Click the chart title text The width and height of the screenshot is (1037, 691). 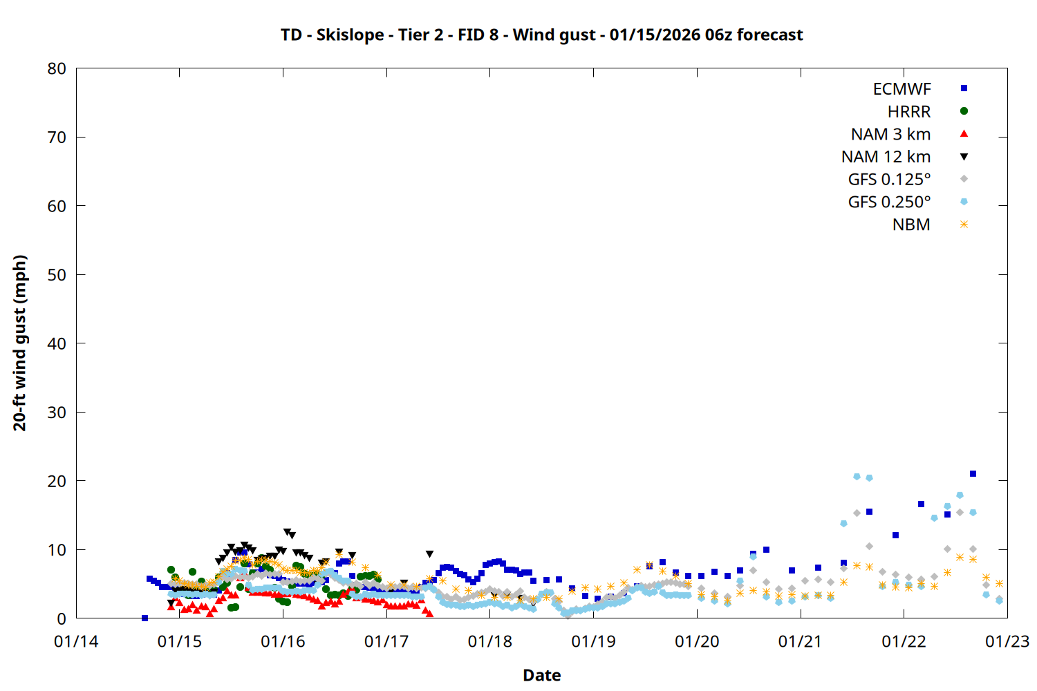pyautogui.click(x=541, y=35)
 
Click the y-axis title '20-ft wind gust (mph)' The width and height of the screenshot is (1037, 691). pyautogui.click(x=20, y=343)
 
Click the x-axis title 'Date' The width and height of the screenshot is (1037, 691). pyautogui.click(x=541, y=675)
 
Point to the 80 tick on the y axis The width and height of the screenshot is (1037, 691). pyautogui.click(x=57, y=68)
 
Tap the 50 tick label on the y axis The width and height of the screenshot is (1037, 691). pyautogui.click(x=57, y=275)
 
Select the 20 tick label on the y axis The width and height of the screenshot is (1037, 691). pyautogui.click(x=57, y=481)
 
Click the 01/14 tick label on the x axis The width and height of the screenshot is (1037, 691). pyautogui.click(x=76, y=641)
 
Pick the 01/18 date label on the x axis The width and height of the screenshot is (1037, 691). pyautogui.click(x=490, y=641)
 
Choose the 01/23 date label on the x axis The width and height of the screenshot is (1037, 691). pyautogui.click(x=1007, y=641)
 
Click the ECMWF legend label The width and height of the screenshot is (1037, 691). pyautogui.click(x=901, y=89)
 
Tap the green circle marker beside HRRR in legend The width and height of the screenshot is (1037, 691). pyautogui.click(x=964, y=111)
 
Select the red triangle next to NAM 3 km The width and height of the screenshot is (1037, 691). pyautogui.click(x=964, y=134)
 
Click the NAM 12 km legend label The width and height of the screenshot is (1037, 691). pyautogui.click(x=886, y=157)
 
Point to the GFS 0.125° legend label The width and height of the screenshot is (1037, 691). pyautogui.click(x=889, y=180)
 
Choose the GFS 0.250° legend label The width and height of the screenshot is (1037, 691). pyautogui.click(x=889, y=202)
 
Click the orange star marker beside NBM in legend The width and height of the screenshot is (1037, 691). pyautogui.click(x=964, y=225)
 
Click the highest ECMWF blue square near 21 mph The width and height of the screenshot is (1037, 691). pyautogui.click(x=973, y=473)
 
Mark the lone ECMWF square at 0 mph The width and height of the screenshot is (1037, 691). pyautogui.click(x=144, y=618)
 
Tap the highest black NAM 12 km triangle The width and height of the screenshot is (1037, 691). pyautogui.click(x=287, y=532)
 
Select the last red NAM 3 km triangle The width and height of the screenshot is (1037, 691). pyautogui.click(x=430, y=614)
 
